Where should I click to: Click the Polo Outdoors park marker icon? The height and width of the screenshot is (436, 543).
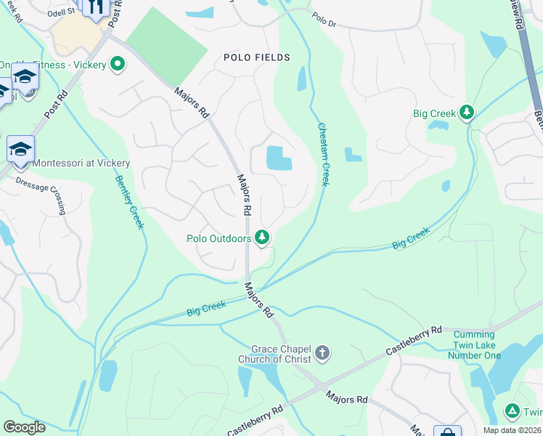coord(263,238)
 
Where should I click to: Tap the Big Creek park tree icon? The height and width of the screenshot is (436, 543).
coord(467,113)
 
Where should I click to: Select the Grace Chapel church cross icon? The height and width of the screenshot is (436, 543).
coord(322,354)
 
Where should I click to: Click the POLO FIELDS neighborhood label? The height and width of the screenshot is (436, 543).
coord(257,57)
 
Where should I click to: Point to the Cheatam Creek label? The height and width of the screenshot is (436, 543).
coord(324,153)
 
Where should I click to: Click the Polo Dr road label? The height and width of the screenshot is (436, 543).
coord(324,19)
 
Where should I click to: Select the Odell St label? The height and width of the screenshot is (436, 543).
coord(61,13)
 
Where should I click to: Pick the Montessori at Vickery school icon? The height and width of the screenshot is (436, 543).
coord(20,150)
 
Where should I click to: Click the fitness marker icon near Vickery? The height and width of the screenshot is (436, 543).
coord(116,65)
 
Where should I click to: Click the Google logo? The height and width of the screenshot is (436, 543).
coord(24,427)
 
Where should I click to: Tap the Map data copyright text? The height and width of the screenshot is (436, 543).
coord(513,430)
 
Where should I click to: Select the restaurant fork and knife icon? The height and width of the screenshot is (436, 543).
coord(96,7)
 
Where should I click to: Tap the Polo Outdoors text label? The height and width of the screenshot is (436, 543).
coord(219,238)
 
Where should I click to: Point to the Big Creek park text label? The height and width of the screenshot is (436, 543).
coord(434,113)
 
